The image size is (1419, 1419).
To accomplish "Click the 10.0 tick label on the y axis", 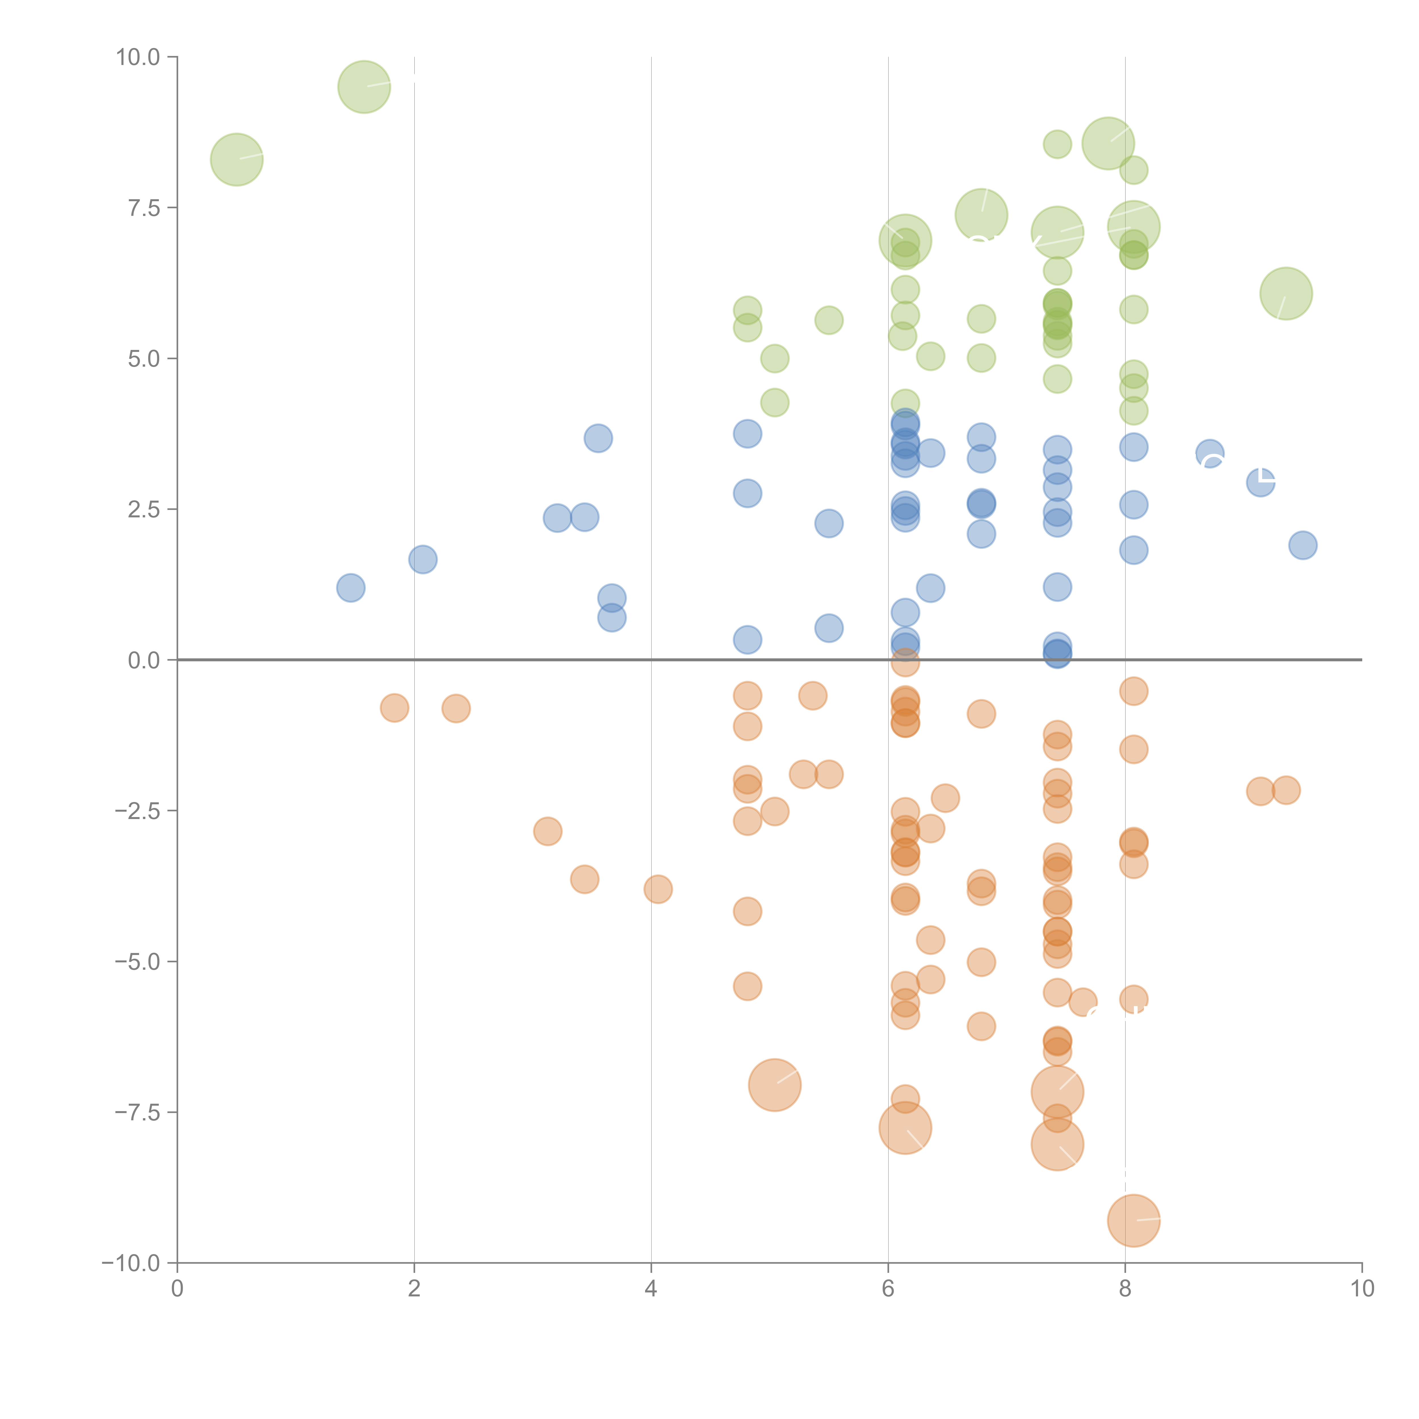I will (x=138, y=57).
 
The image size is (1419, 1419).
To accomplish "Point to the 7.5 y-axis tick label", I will (x=144, y=208).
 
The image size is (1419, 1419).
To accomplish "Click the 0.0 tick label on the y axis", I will (x=144, y=660).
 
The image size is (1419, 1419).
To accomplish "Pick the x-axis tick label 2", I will (x=414, y=1289).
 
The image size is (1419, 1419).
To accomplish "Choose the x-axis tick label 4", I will (x=651, y=1289).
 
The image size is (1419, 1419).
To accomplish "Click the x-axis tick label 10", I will (x=1362, y=1289).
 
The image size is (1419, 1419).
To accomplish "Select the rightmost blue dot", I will (x=1302, y=545).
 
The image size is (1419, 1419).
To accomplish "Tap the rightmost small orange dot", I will (x=1285, y=790).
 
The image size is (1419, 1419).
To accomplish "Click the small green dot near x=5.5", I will (x=828, y=320).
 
